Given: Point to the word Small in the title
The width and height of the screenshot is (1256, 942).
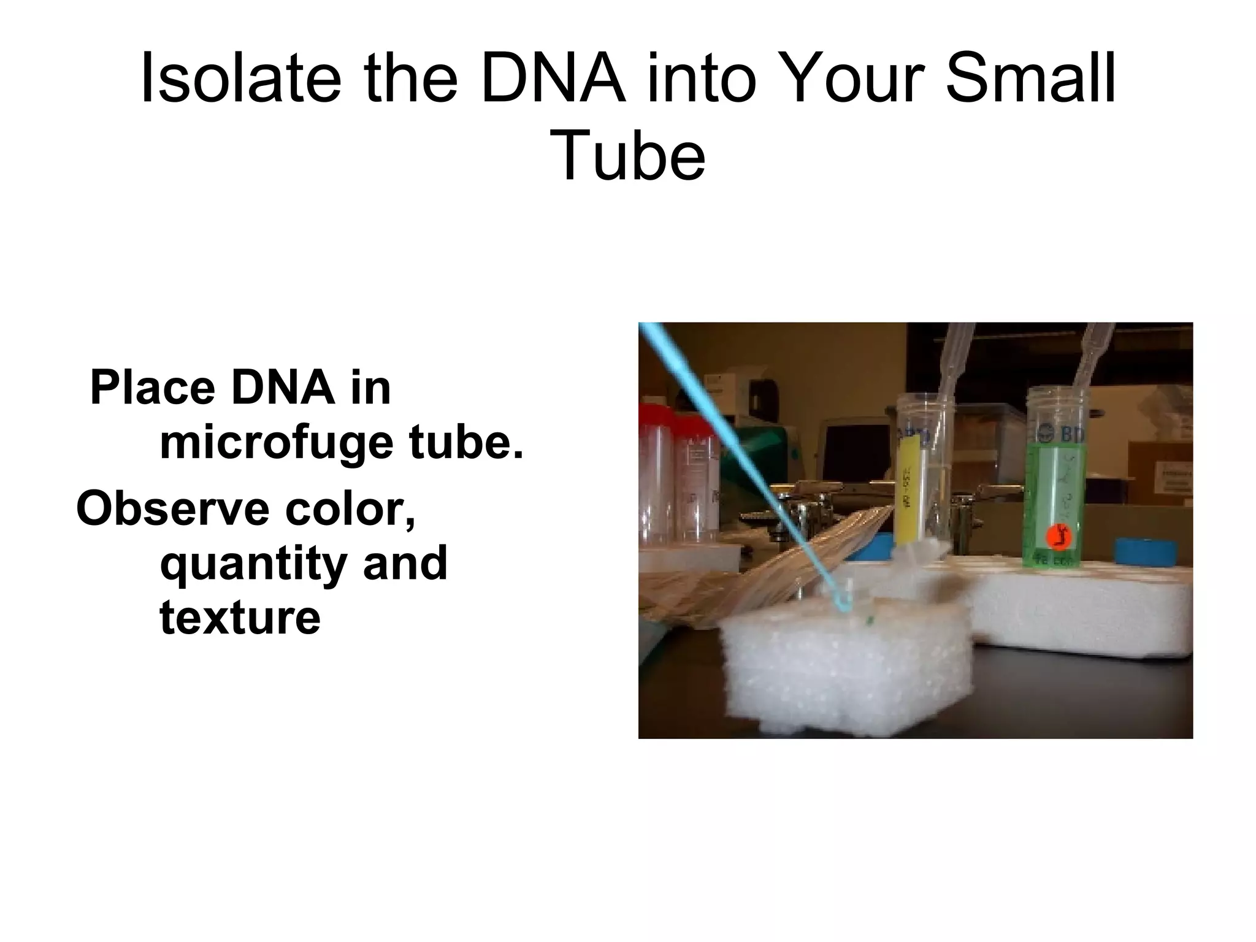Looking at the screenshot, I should [1030, 80].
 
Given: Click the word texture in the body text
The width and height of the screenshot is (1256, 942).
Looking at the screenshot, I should [240, 618].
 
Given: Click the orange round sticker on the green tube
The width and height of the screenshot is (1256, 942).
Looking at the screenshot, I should [1057, 537].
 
